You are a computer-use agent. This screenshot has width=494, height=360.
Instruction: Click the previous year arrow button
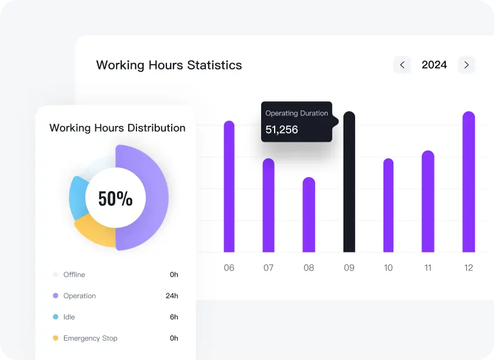(402, 65)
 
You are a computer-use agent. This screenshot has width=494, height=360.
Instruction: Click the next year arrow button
(466, 65)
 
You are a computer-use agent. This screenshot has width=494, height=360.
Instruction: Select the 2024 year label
(434, 65)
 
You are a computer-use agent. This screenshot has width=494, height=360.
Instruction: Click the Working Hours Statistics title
(169, 65)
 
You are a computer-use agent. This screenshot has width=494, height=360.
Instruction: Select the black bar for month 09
(349, 182)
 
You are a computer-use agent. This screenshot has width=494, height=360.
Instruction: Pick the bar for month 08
(309, 215)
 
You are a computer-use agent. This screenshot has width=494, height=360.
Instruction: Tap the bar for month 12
(469, 182)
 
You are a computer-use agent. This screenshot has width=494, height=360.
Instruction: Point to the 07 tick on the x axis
(269, 268)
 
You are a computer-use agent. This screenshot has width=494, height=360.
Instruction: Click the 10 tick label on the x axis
(388, 268)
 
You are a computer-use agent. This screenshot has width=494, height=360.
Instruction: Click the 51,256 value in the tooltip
(282, 129)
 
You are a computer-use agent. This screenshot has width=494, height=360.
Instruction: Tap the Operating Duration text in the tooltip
(296, 113)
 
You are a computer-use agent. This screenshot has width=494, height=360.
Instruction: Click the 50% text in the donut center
(115, 199)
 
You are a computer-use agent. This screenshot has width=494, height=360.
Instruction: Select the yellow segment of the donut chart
(94, 233)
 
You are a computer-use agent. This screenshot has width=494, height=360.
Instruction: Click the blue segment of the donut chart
(78, 197)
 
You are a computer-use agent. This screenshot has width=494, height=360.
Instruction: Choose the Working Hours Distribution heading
(117, 128)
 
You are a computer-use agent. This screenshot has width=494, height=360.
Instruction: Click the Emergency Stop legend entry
(90, 338)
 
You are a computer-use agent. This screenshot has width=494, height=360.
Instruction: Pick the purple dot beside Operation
(55, 296)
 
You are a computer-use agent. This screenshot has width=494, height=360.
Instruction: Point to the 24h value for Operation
(172, 296)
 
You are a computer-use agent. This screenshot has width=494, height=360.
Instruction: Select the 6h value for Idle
(174, 317)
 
